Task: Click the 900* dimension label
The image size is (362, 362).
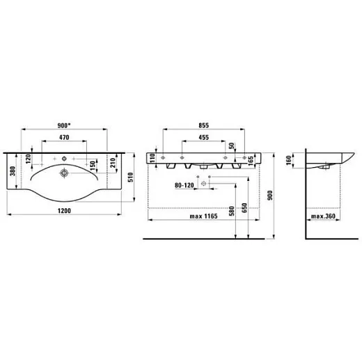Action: [64, 125]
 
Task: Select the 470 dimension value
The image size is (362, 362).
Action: [64, 137]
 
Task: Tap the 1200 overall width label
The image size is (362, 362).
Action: [64, 211]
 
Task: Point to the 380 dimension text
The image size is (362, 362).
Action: [13, 171]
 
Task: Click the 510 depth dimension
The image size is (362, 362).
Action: [131, 178]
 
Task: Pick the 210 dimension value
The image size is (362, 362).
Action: [113, 163]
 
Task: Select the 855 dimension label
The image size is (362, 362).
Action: [204, 125]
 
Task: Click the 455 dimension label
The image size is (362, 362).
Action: [203, 137]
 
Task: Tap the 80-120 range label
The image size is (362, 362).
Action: [184, 185]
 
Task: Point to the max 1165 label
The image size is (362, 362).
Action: [203, 217]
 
